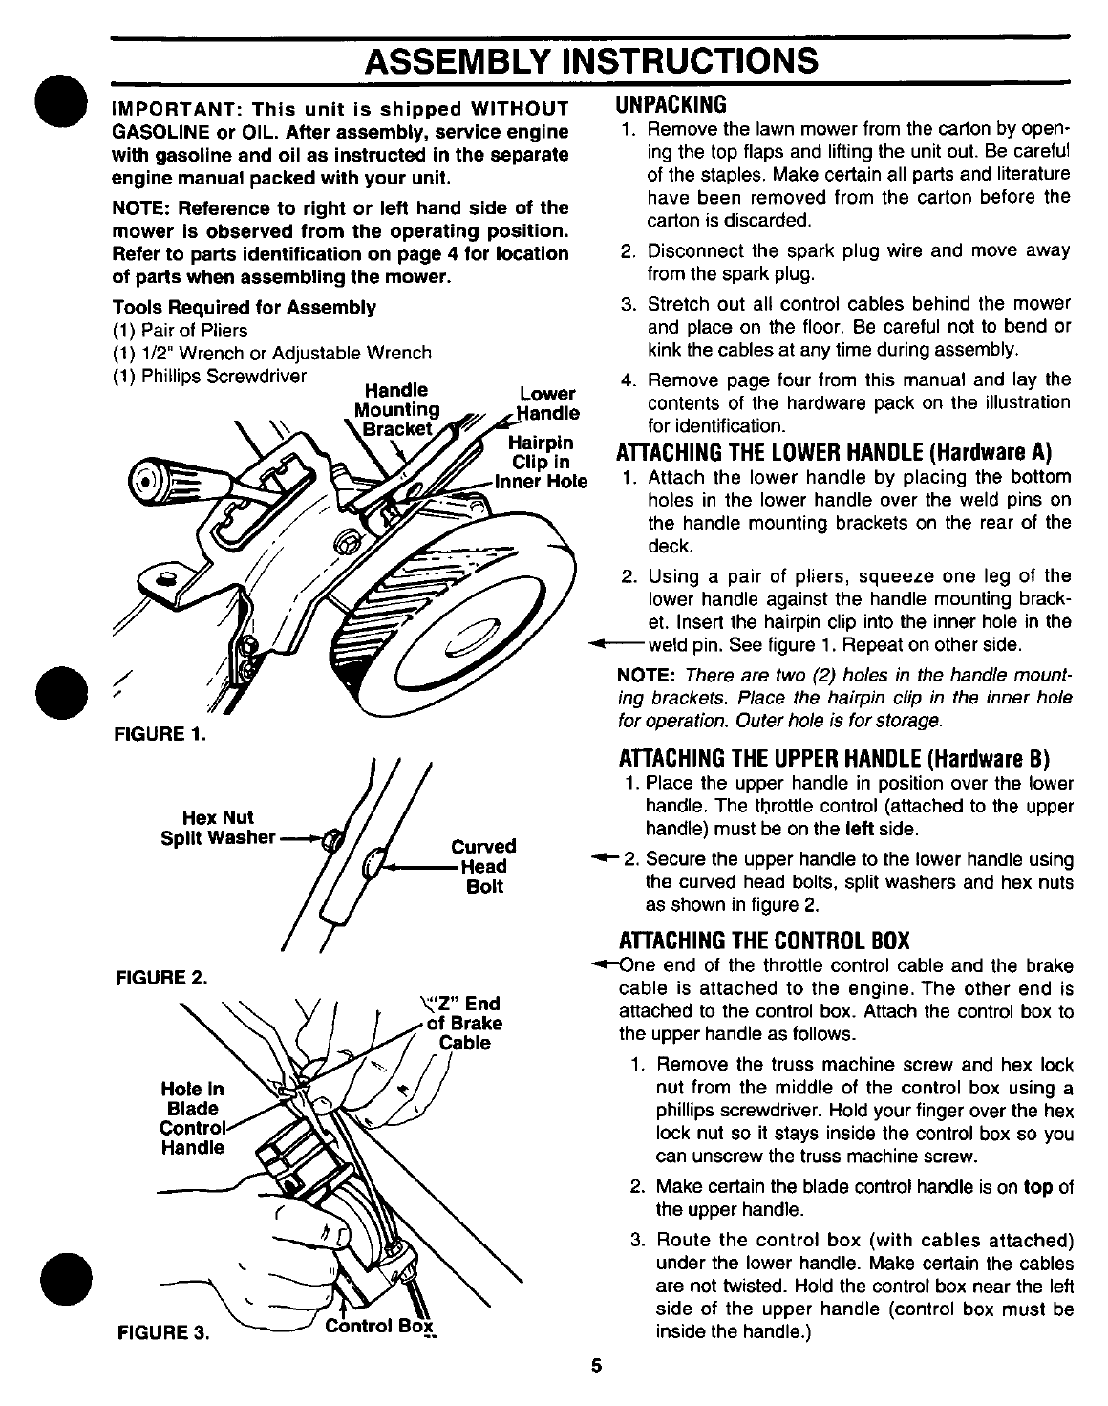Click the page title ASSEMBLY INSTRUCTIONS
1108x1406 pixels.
(x=592, y=60)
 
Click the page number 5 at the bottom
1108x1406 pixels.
(x=595, y=1365)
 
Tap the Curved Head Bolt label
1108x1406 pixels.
(x=483, y=866)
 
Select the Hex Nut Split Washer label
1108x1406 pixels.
(x=218, y=828)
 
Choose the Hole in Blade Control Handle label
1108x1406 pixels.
(x=192, y=1117)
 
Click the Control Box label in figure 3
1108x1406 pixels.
(x=380, y=1327)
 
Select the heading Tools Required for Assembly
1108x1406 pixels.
(x=244, y=307)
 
